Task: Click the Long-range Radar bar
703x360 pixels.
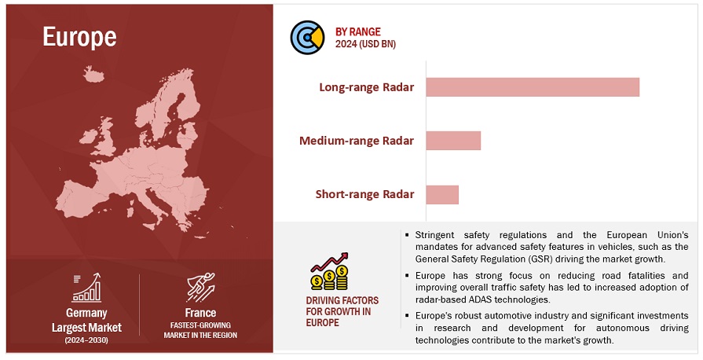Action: tap(533, 87)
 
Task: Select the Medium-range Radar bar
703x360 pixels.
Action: tap(453, 141)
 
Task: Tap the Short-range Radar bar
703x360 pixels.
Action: tap(442, 195)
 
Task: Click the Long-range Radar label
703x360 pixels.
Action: tap(366, 87)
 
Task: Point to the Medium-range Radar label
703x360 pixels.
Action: tap(357, 141)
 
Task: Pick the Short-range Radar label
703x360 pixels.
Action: tap(364, 194)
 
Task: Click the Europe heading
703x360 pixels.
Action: tap(79, 37)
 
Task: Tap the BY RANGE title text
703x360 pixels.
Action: tap(357, 32)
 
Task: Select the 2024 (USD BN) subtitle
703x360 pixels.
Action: tap(365, 44)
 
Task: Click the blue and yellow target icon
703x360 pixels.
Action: tap(307, 37)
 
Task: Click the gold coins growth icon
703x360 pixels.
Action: tap(330, 271)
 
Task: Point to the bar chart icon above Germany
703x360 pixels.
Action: tap(86, 287)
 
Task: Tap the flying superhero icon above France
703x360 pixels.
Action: tap(200, 287)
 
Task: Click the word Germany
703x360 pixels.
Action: tap(86, 313)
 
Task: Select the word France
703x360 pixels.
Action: tap(200, 312)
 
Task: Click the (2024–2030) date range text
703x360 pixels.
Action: tap(86, 340)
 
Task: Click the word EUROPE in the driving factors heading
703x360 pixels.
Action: tap(322, 323)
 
